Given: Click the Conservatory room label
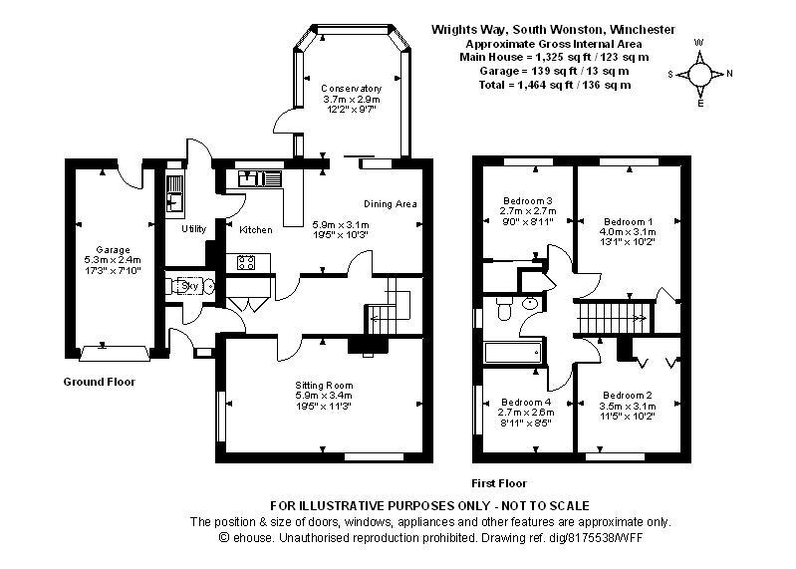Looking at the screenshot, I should tap(351, 89).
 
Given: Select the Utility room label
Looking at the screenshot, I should tap(193, 229).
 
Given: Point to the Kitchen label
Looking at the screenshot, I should tap(255, 230).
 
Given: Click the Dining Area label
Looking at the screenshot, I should tap(390, 204).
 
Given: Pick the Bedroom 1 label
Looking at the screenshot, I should tap(629, 221).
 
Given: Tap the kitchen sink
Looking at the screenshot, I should tap(263, 179).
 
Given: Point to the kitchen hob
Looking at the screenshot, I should tap(246, 263).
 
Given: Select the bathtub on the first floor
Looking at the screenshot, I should tap(511, 353).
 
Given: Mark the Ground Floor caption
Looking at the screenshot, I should tap(100, 382).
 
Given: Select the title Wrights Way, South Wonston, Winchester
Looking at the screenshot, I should tap(552, 30).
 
